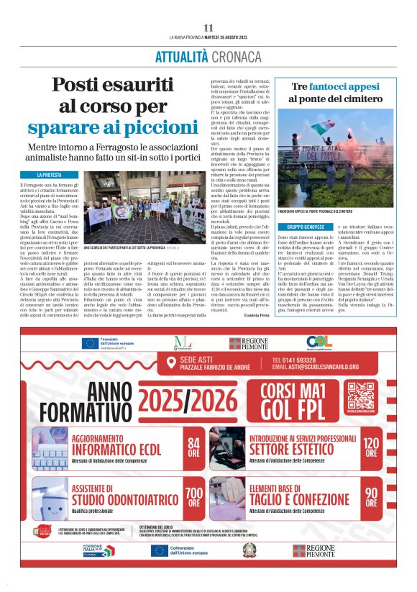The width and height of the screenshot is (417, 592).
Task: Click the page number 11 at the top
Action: tap(208, 28)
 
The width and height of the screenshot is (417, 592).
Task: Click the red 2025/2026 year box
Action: tap(186, 399)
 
